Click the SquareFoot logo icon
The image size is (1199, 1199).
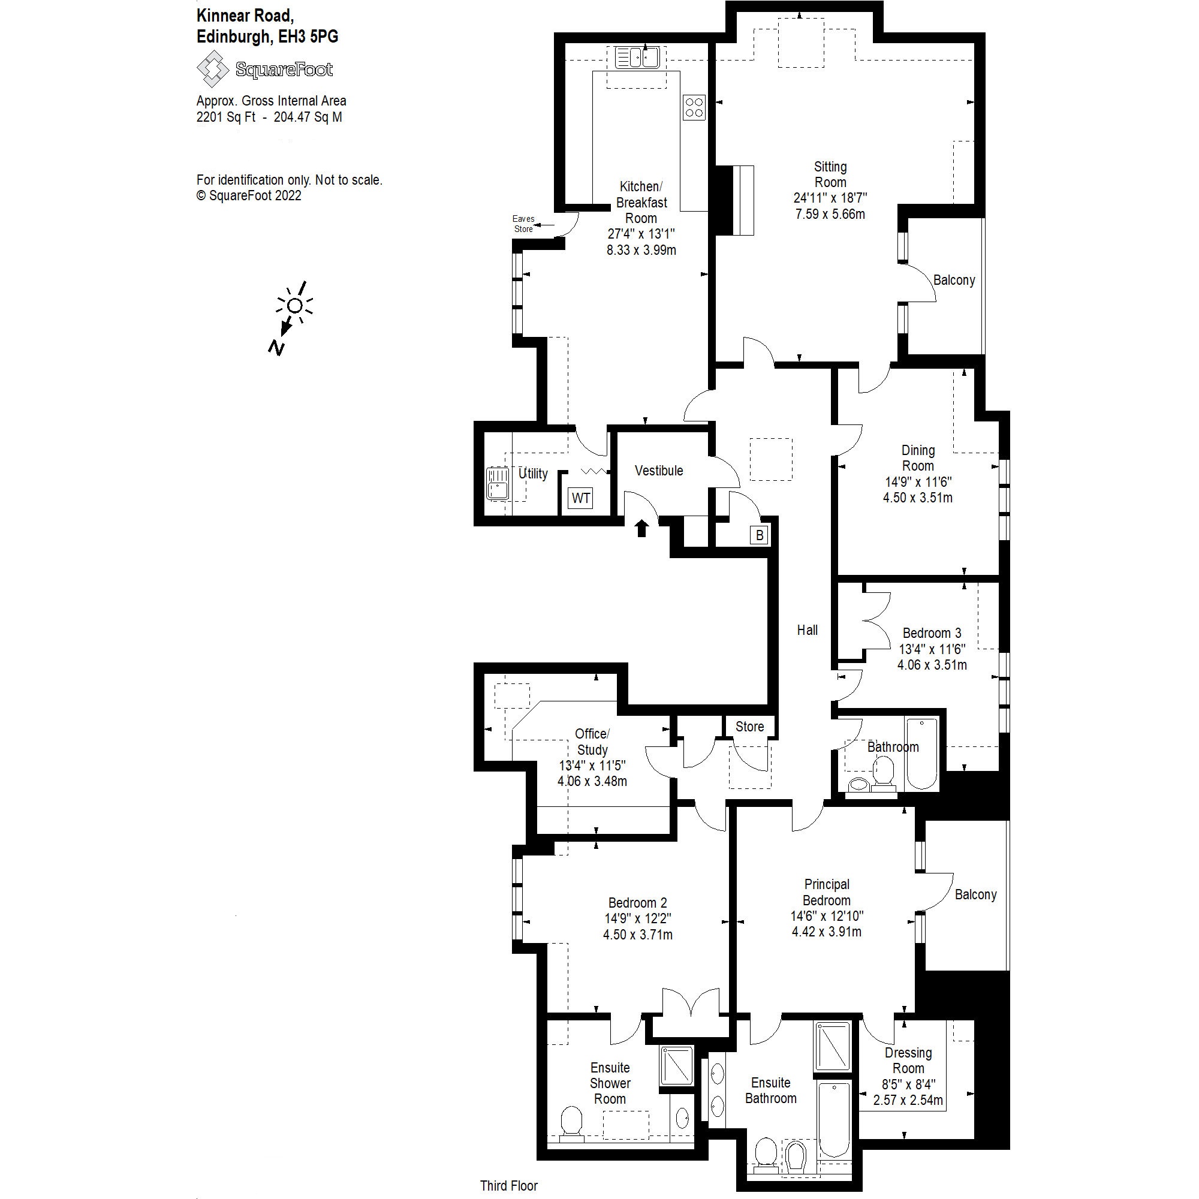213,69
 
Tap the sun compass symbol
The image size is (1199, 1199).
295,305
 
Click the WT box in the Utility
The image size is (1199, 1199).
580,498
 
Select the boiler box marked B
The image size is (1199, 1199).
759,535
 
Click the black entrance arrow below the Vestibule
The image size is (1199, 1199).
641,528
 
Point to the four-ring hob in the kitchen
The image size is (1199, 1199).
694,106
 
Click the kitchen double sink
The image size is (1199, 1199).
636,58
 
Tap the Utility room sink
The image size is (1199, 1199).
497,483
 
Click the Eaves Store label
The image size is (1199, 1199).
523,224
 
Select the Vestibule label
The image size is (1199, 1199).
658,471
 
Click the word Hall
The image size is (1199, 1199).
807,630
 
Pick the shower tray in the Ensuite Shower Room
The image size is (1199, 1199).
676,1065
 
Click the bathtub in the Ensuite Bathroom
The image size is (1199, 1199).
833,1118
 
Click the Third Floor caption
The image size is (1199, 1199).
508,1185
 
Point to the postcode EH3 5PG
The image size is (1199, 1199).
308,37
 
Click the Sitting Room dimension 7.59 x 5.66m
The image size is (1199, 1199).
830,214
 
